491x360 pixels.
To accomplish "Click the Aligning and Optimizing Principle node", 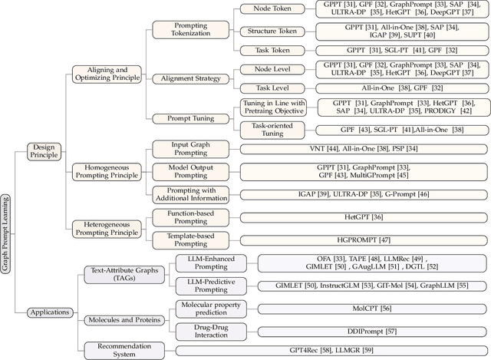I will click(108, 74).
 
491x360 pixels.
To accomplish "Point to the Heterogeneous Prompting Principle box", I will click(108, 226).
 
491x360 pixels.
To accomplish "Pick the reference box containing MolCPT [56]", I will click(371, 309).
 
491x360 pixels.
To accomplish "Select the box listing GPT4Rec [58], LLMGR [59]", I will click(331, 350).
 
